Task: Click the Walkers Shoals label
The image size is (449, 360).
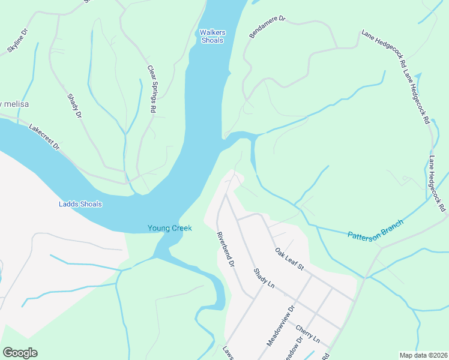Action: [211, 36]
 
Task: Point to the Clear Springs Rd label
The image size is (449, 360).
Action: [152, 89]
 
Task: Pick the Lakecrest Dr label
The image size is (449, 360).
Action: [45, 137]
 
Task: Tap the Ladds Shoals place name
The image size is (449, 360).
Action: [80, 204]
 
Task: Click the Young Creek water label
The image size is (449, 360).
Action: [169, 228]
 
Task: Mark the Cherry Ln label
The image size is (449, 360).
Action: [307, 334]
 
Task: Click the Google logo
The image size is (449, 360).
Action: [20, 353]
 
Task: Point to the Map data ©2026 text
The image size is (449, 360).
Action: [423, 355]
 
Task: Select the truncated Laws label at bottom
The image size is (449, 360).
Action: [228, 353]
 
